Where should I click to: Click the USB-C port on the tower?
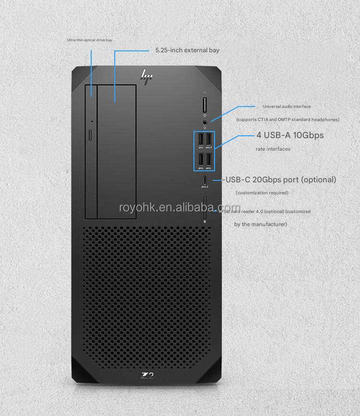[x=204, y=180]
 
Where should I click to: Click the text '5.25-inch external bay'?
[x=188, y=50]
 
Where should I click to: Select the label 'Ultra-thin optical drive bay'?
[x=90, y=40]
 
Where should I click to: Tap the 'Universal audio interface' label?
[x=287, y=107]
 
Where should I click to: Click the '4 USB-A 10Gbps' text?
[x=290, y=135]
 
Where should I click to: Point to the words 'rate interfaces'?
[x=273, y=149]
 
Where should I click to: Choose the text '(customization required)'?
[x=262, y=193]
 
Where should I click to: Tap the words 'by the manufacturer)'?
[x=261, y=224]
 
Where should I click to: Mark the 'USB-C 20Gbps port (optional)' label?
[x=280, y=180]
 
